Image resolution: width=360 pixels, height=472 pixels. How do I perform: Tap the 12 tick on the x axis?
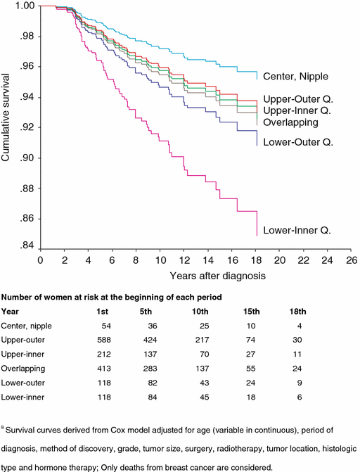[x=184, y=260]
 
